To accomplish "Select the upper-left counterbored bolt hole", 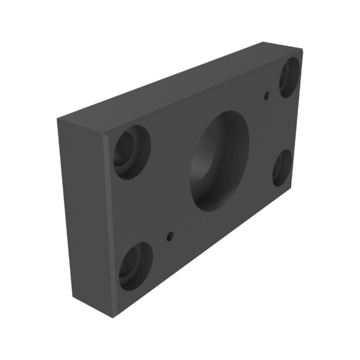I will coord(132,151).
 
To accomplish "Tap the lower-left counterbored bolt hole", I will coord(136,266).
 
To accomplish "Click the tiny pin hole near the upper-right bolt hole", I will coord(267,96).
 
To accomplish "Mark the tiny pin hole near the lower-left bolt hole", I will coord(170,236).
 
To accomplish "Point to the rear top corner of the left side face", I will coord(58,118).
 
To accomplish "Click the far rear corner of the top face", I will coord(262,42).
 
